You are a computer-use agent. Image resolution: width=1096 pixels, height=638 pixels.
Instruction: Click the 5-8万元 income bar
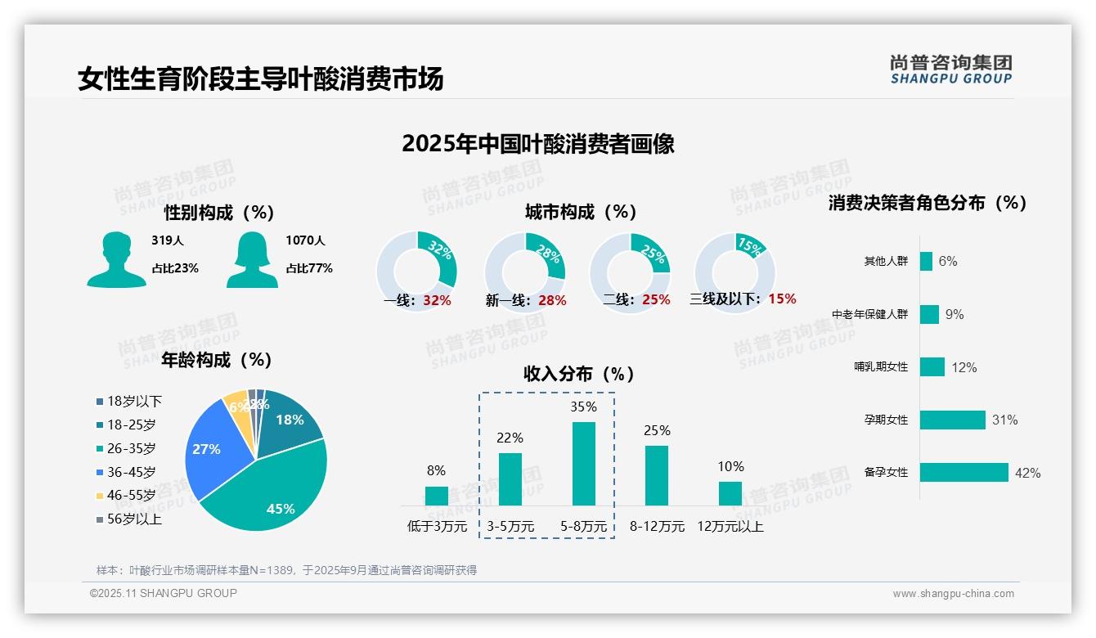point(583,464)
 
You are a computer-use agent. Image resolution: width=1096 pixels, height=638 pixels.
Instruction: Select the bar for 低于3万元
point(437,496)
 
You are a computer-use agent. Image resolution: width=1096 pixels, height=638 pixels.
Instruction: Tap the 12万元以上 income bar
point(730,493)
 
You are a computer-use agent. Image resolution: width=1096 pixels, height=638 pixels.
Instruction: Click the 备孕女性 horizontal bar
point(963,473)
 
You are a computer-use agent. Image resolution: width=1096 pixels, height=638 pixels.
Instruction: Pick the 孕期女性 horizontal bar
point(952,420)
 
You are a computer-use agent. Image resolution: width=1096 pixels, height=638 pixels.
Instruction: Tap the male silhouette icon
point(116,259)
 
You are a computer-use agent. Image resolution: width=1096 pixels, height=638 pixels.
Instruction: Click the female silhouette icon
point(252,259)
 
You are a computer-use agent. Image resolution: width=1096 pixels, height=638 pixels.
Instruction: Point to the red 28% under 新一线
point(552,301)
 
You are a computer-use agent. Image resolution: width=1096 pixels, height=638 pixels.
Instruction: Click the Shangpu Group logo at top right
point(950,70)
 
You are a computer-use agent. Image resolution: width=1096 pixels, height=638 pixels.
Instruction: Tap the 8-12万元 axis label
point(657,527)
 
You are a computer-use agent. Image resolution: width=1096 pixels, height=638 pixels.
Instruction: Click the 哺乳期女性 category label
point(881,367)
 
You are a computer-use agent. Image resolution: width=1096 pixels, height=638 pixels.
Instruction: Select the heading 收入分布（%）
point(579,375)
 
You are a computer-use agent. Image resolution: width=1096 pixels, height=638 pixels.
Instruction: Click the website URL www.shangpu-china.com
point(953,594)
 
